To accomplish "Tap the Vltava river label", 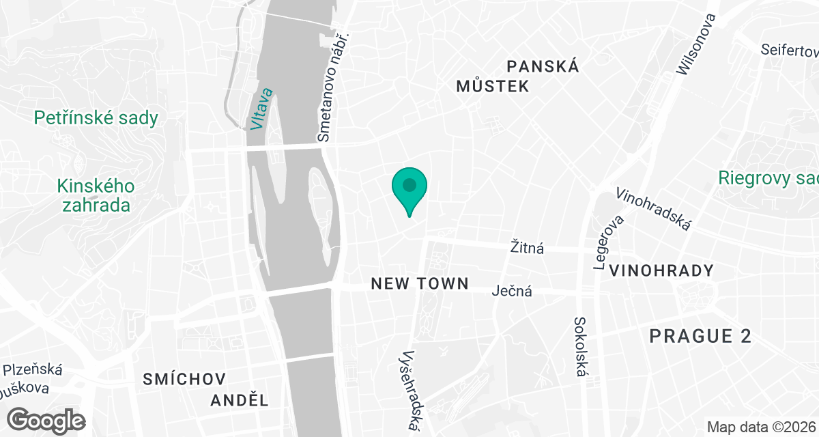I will tap(261, 109).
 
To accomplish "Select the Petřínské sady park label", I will tap(96, 118).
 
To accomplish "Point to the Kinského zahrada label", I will tap(96, 195).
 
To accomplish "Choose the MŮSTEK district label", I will tap(493, 86).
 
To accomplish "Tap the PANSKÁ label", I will tap(543, 66).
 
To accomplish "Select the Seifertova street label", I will tap(790, 50).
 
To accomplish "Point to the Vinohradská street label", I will tap(654, 208).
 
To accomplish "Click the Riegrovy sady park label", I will tap(768, 178).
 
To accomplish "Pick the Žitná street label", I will tap(528, 247).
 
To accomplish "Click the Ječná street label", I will tap(512, 292).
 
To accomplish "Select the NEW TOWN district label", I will tap(420, 283).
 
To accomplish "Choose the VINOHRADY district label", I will tap(661, 270).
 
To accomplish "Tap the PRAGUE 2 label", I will tap(700, 336).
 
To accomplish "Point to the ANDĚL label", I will tap(239, 400).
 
